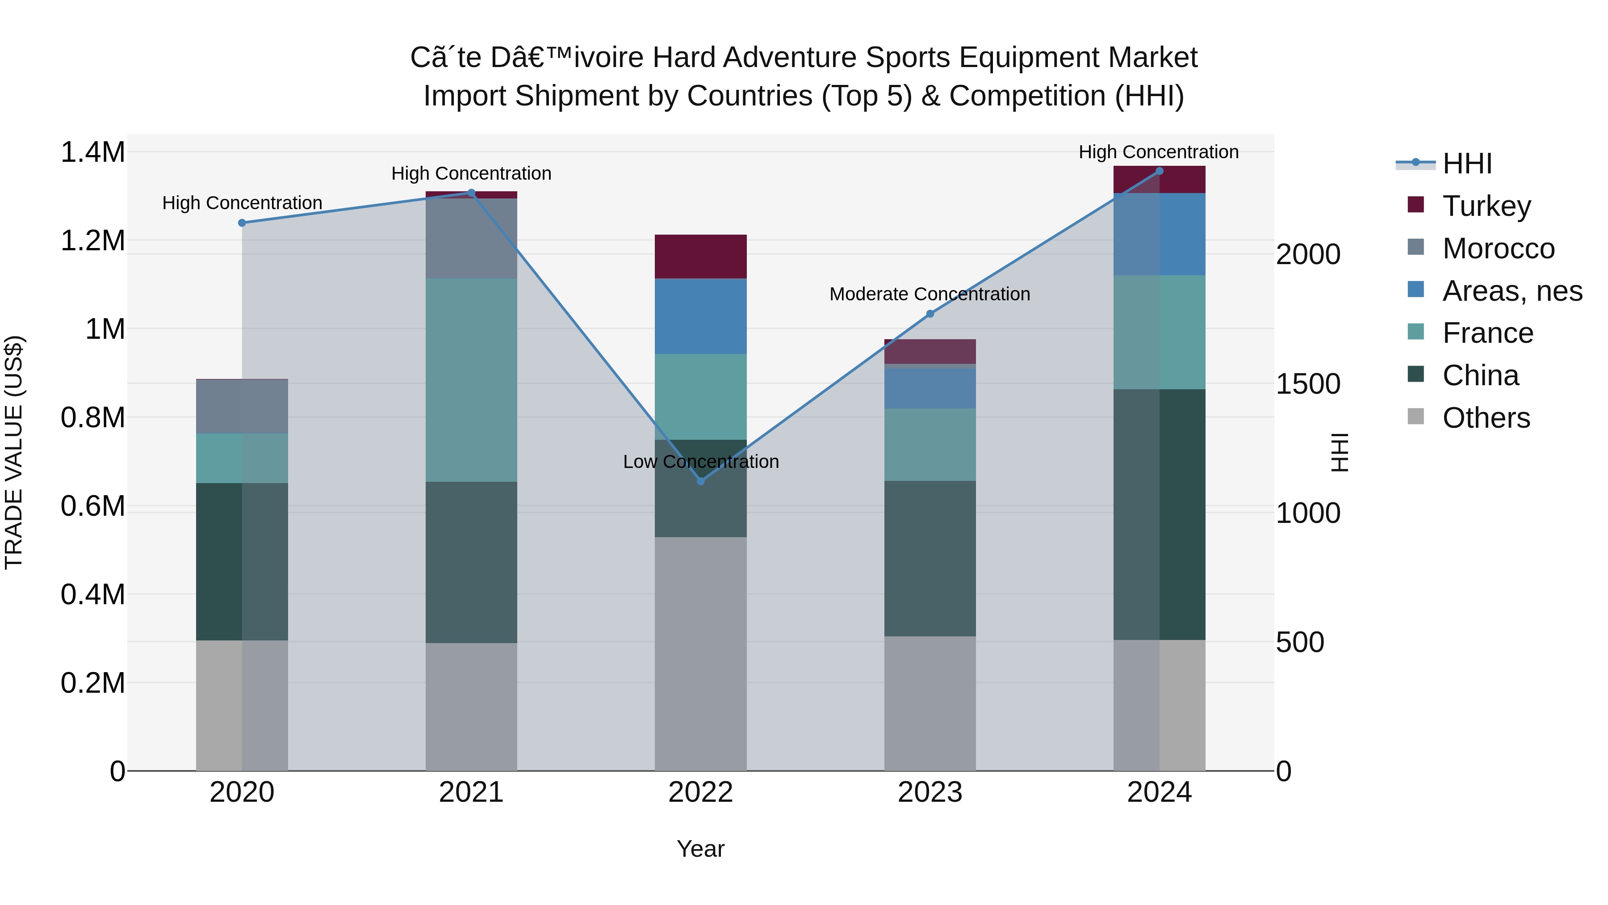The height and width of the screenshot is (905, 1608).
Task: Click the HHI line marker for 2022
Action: [x=700, y=481]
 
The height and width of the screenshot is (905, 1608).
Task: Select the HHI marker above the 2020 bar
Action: [x=242, y=223]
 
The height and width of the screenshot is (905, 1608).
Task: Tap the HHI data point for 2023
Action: [x=930, y=314]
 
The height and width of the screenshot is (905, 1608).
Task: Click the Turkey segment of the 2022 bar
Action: [x=700, y=257]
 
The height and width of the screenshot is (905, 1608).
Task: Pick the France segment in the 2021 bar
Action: [x=471, y=380]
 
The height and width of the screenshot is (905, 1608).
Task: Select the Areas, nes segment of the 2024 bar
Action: [x=1159, y=234]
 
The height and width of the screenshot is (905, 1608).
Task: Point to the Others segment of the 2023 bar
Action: [x=930, y=703]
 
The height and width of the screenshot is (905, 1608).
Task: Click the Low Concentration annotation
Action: [x=700, y=462]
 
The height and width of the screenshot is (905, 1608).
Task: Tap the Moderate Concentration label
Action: [x=930, y=294]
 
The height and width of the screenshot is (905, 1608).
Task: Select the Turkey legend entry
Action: [x=1486, y=206]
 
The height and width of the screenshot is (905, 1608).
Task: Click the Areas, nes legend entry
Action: [x=1512, y=291]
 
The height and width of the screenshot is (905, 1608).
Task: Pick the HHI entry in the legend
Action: [x=1467, y=164]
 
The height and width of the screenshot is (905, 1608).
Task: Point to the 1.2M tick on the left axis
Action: [x=92, y=240]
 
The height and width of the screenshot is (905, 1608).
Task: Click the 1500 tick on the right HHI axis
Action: [x=1308, y=384]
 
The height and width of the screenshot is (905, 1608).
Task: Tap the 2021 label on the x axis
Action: [x=471, y=792]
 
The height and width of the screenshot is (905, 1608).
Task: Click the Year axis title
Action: [x=700, y=849]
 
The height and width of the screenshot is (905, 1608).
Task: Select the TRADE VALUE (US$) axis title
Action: [x=14, y=452]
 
